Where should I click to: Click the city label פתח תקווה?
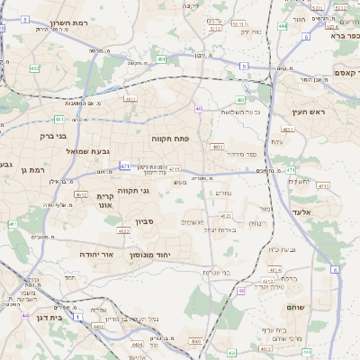tap(167, 139)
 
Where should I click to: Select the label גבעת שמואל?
tap(87, 152)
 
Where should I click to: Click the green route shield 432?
tap(34, 67)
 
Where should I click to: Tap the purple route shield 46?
tap(241, 292)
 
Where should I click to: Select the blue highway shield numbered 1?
tap(78, 318)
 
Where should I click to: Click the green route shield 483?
tap(240, 100)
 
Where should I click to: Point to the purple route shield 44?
tap(25, 315)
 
